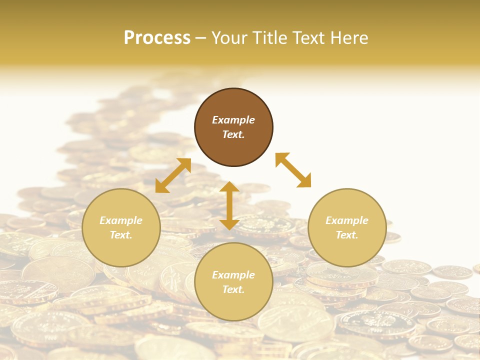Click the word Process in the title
coord(157,38)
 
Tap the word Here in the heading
coord(348,38)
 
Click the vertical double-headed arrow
coord(229,205)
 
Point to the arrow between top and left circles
coord(173,175)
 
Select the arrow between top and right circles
coord(293,170)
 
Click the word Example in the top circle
coord(233,120)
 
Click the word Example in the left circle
coord(121,220)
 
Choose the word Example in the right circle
coord(347,220)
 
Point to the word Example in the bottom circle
coord(233,275)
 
